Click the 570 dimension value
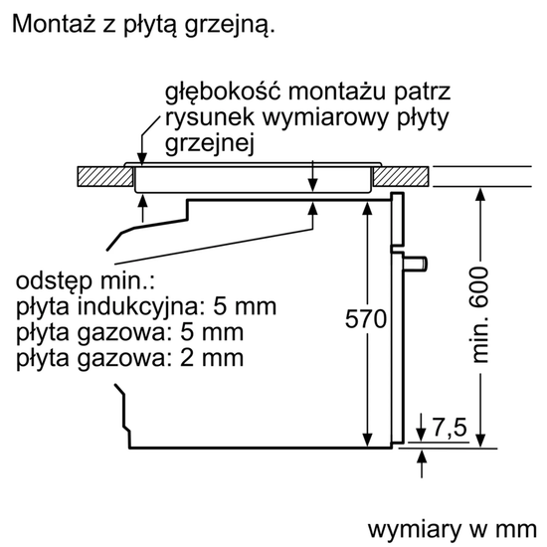(x=366, y=318)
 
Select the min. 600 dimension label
(x=479, y=315)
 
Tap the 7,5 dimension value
(x=450, y=427)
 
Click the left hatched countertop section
(x=105, y=177)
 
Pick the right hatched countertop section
(x=401, y=177)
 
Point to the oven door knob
(x=415, y=264)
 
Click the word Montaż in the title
(x=54, y=24)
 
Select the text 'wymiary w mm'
(x=453, y=529)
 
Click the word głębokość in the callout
(x=223, y=92)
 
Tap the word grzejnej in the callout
(x=209, y=143)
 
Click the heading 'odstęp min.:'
(x=86, y=280)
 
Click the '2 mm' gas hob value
(x=212, y=358)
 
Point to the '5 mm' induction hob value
(x=245, y=306)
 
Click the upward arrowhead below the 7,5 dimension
(x=422, y=456)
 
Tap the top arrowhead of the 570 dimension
(x=367, y=209)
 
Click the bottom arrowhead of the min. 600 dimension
(x=480, y=441)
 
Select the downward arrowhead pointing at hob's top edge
(x=142, y=158)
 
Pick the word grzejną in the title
(x=230, y=25)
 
